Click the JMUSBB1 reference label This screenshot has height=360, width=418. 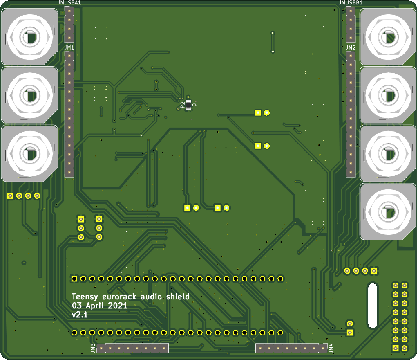[351, 2]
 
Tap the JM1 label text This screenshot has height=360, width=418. [69, 48]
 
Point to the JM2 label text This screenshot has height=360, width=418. [351, 48]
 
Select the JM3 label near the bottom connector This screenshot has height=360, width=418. [93, 348]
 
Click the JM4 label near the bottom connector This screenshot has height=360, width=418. [331, 348]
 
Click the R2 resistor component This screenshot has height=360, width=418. [188, 105]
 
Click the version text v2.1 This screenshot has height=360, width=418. [80, 315]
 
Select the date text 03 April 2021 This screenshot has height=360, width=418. [100, 306]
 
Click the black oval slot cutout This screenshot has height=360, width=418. [372, 305]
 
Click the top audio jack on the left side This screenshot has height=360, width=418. [29, 37]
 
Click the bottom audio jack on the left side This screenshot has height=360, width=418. [29, 153]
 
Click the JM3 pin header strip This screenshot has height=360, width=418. [132, 349]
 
